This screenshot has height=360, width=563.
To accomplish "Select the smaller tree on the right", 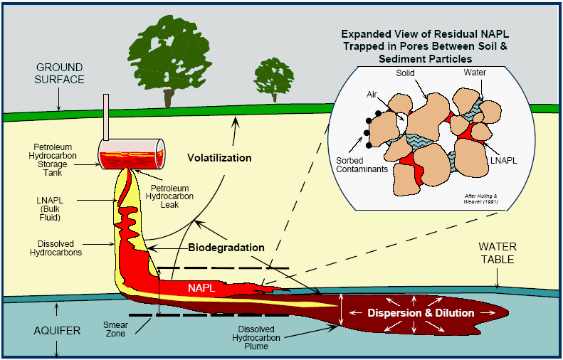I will [x=274, y=77].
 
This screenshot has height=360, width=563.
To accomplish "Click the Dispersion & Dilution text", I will [x=420, y=313].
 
